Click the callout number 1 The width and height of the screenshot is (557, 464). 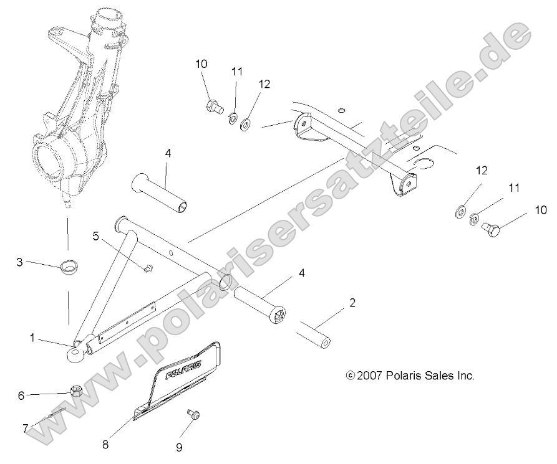32,337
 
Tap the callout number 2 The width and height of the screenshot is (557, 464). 352,304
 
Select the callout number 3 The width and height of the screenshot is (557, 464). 19,262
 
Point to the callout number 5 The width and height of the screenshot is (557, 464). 95,235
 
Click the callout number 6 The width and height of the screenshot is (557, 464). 21,395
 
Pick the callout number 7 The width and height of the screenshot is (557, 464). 26,428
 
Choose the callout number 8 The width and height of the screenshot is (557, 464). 105,445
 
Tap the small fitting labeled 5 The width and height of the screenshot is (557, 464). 148,268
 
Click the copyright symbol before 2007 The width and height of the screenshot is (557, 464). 350,376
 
